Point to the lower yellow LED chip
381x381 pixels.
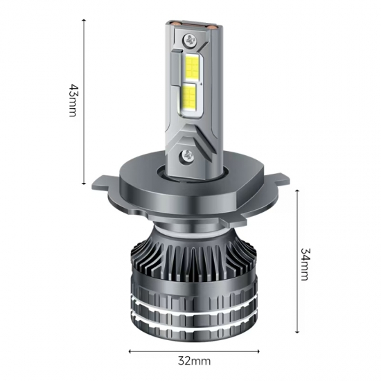click(189, 100)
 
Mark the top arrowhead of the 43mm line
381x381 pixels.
click(84, 21)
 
